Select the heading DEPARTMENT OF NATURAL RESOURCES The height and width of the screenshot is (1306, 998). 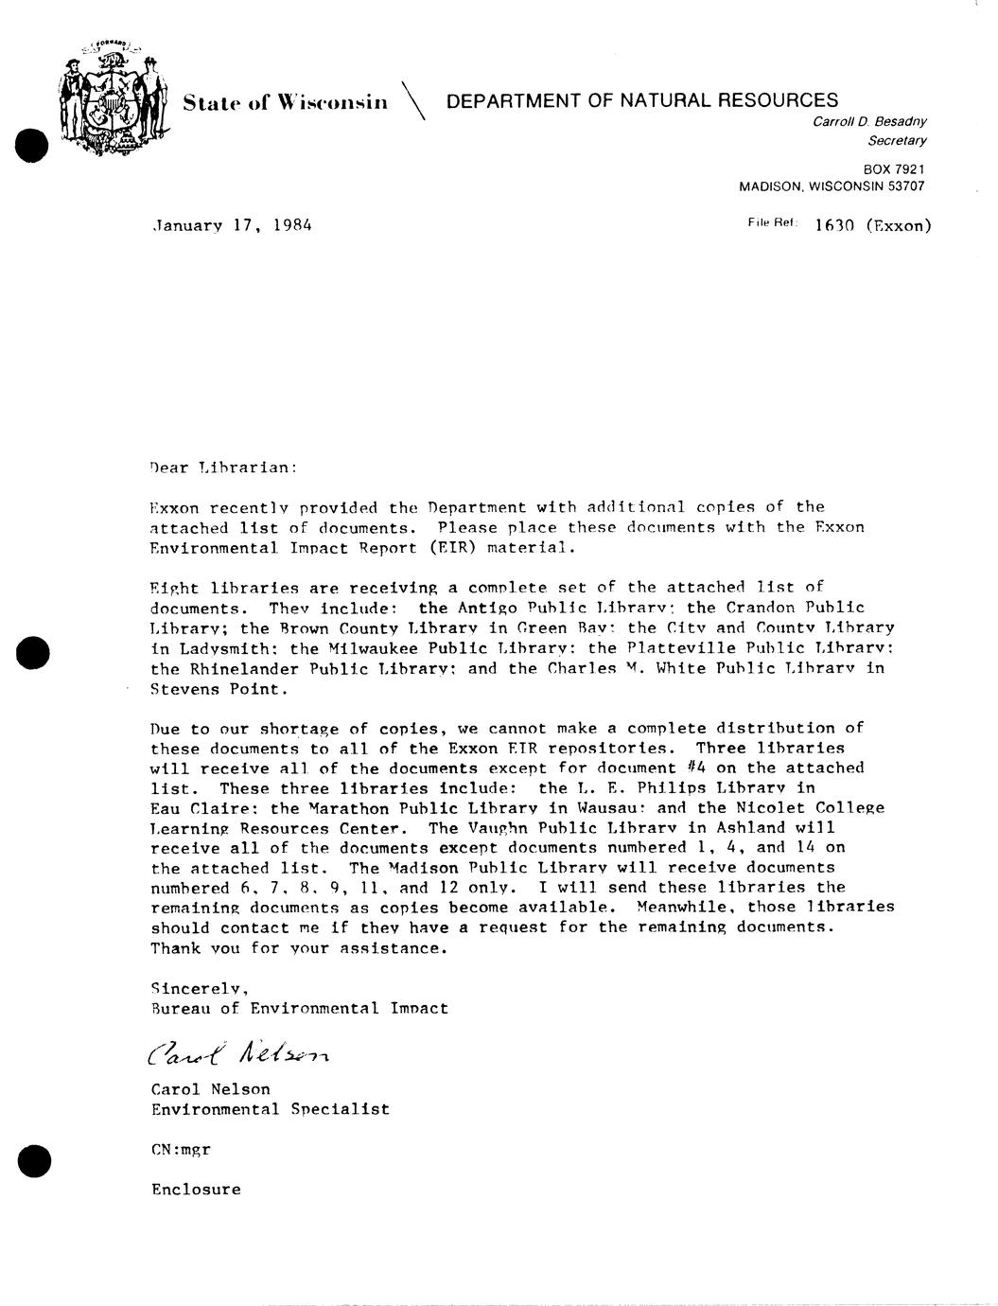pos(641,100)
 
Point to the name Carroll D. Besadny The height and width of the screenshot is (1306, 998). pos(869,121)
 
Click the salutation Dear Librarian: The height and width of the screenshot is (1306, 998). pos(223,467)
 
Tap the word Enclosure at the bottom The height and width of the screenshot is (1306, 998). pos(196,1190)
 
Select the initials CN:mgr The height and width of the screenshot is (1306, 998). pos(181,1150)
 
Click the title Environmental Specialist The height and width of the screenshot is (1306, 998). pos(270,1109)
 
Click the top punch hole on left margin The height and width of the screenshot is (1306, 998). pos(32,144)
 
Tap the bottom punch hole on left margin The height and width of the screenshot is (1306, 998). pos(33,1159)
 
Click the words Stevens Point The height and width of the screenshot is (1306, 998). pos(217,689)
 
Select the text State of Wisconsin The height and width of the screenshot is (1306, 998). pos(285,101)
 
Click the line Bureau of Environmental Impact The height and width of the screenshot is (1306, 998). pos(299,1008)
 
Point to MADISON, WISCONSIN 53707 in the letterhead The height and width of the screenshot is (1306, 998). pos(831,186)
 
